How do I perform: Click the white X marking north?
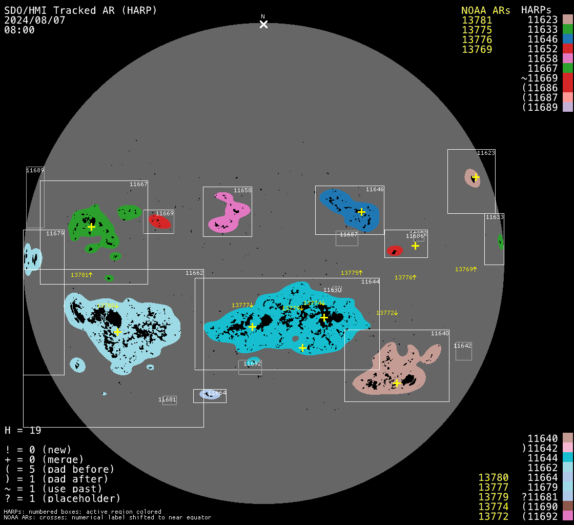coord(263,24)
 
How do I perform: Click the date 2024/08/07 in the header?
coord(35,21)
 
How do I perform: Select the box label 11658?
coord(242,190)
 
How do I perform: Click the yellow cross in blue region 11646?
coord(361,212)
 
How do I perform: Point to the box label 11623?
coord(486,153)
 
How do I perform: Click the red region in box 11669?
coord(159,221)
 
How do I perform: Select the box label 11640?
coord(440,333)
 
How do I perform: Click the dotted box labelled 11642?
coord(463,351)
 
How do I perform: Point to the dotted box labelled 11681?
coord(169,400)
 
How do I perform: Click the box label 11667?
coord(138,184)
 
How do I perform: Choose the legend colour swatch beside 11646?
coord(567,39)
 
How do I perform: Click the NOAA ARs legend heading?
coord(485,10)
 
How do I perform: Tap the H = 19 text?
coord(23,430)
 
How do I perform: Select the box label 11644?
coord(370,281)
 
